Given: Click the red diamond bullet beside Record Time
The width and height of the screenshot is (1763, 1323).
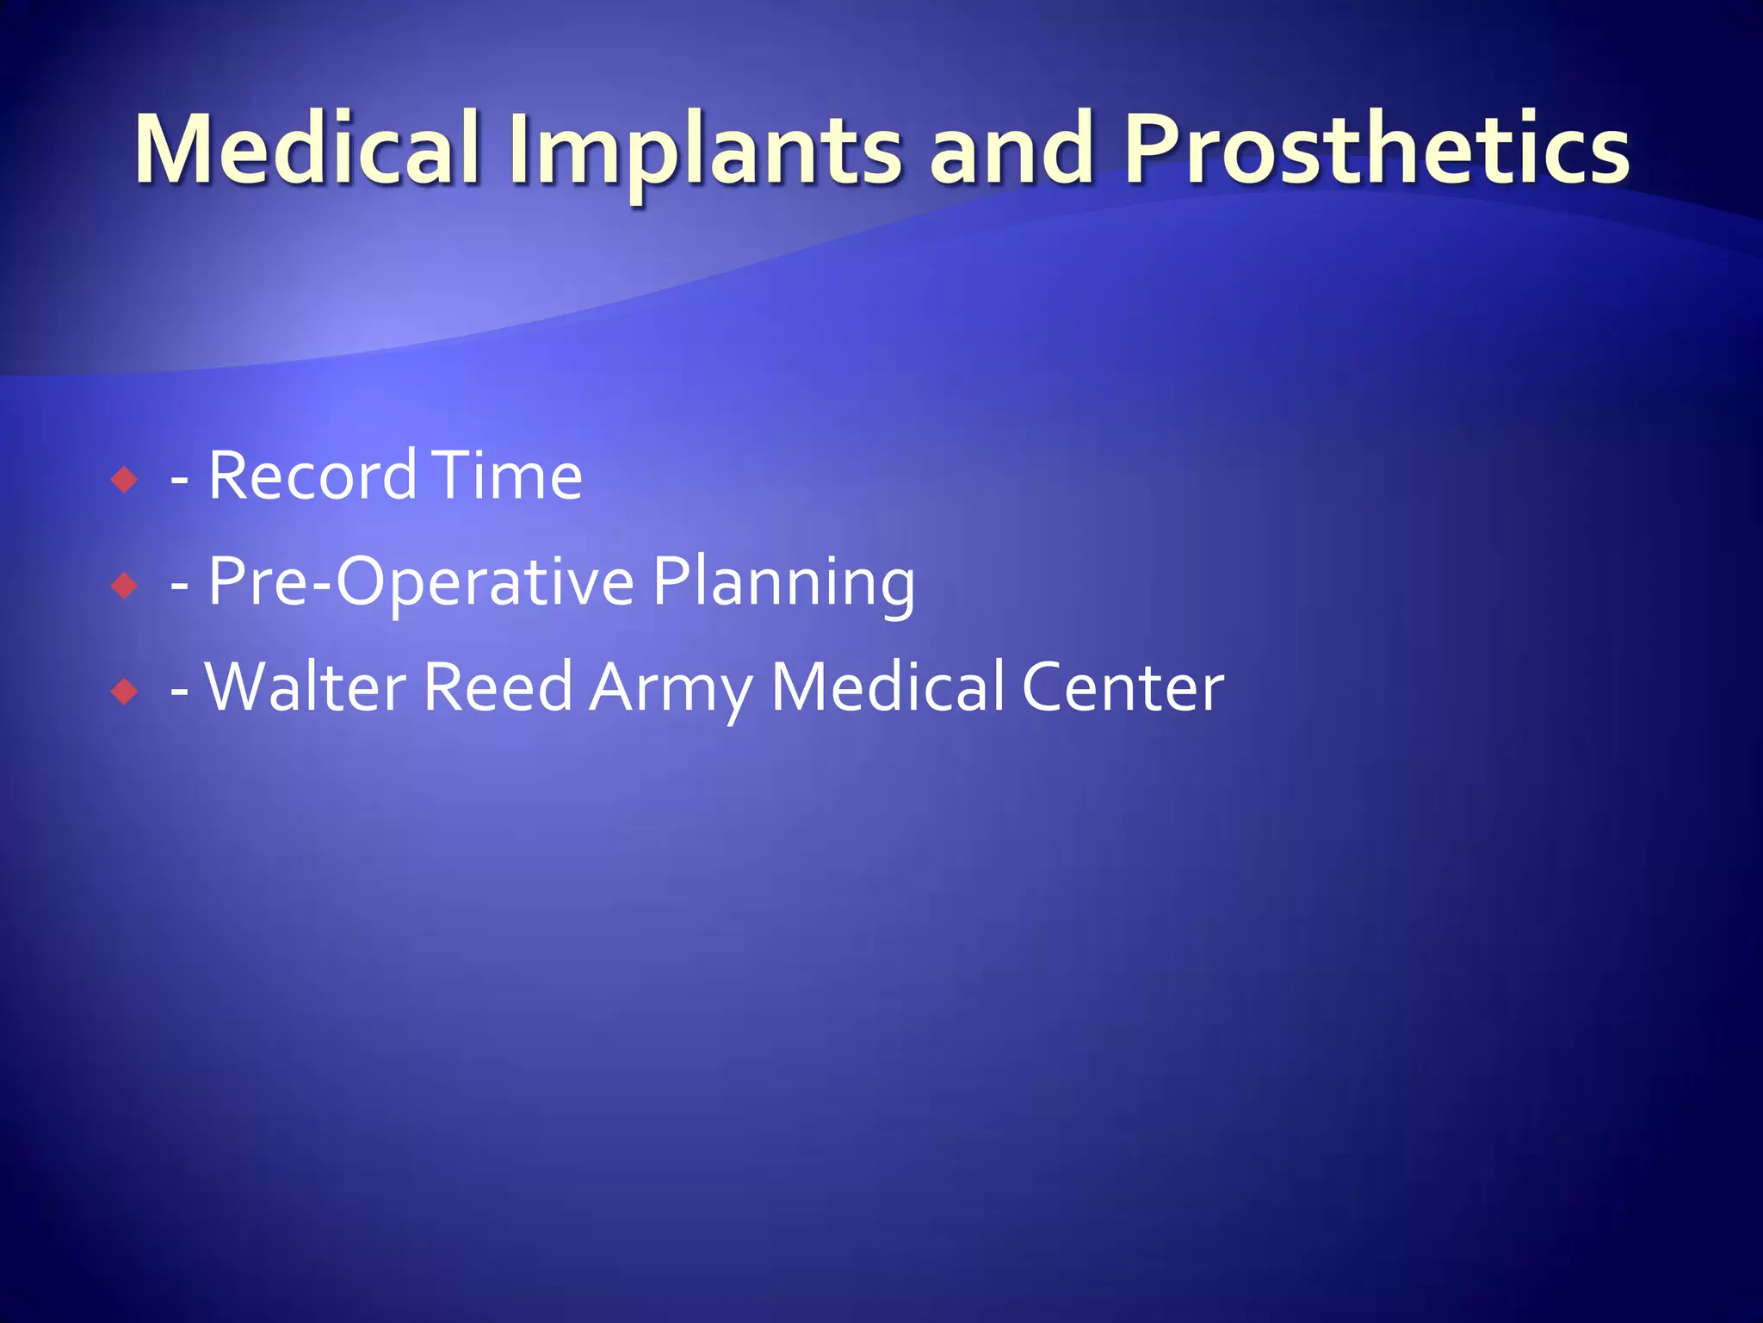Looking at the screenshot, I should tap(125, 479).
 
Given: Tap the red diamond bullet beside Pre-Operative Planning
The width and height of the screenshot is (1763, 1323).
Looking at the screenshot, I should tap(125, 586).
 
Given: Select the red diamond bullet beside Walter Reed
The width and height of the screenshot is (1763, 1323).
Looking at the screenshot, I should tap(125, 691).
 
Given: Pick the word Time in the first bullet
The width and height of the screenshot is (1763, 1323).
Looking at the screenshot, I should tap(508, 475).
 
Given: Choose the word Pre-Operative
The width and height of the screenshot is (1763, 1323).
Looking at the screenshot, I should tap(422, 582).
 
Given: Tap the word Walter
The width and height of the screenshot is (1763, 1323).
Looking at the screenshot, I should tap(306, 687).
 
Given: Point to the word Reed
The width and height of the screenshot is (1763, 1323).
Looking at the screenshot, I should tap(498, 687).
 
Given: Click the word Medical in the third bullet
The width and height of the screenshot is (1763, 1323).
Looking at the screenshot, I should tap(887, 687).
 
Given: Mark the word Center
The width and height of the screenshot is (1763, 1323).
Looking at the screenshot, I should tap(1123, 687).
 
